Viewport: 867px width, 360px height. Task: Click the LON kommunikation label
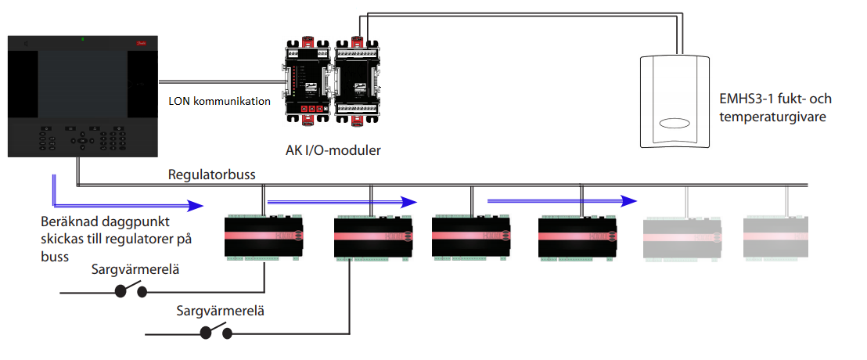[x=220, y=101]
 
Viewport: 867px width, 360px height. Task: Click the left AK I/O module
[x=308, y=77]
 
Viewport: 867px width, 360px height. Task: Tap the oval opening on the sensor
[x=674, y=123]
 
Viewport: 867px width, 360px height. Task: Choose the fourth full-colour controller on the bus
[x=578, y=235]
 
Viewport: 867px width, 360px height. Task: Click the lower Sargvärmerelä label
[x=221, y=311]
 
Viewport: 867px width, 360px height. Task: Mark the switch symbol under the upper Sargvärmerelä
[x=131, y=292]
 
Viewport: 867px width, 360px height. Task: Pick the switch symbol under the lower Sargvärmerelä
[x=217, y=332]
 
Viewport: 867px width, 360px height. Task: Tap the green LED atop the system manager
[x=83, y=38]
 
